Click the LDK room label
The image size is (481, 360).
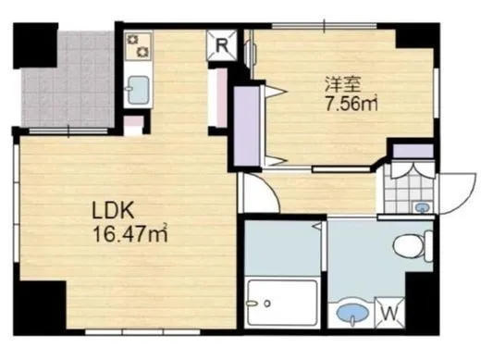pyautogui.click(x=109, y=210)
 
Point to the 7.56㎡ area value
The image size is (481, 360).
pyautogui.click(x=350, y=104)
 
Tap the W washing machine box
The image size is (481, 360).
pyautogui.click(x=388, y=313)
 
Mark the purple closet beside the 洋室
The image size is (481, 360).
pyautogui.click(x=249, y=125)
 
